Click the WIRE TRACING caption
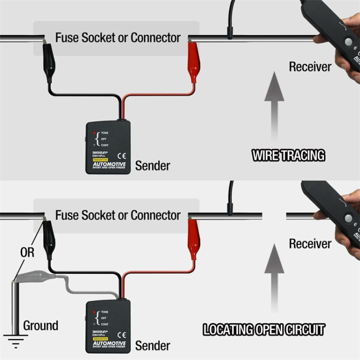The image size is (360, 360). [x=288, y=155]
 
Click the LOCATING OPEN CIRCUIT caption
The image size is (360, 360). [x=264, y=330]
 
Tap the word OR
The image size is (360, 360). [x=27, y=252]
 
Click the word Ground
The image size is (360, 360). [x=41, y=325]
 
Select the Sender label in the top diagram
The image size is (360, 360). [x=152, y=166]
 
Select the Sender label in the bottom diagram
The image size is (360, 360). [x=152, y=345]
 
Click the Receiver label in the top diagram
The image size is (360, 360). [x=310, y=67]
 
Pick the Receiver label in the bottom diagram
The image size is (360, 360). [x=310, y=244]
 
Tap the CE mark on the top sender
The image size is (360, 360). [x=121, y=155]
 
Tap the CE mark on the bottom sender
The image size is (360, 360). [x=121, y=335]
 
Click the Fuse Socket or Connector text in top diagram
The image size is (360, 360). [x=118, y=37]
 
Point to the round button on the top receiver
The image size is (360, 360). [x=348, y=42]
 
